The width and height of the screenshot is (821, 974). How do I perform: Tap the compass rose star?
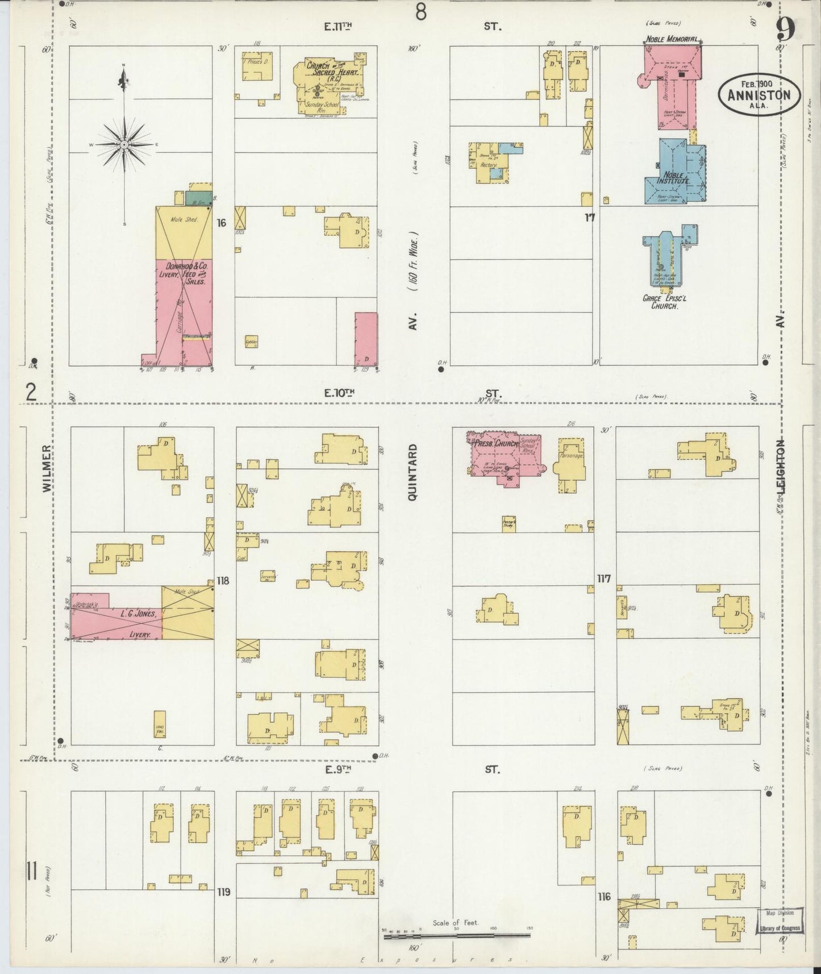pyautogui.click(x=124, y=145)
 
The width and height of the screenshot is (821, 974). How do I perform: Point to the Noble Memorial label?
pyautogui.click(x=671, y=39)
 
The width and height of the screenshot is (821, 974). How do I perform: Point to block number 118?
pyautogui.click(x=223, y=581)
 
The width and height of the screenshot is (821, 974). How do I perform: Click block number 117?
pyautogui.click(x=604, y=578)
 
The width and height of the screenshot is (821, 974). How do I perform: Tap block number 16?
pyautogui.click(x=222, y=223)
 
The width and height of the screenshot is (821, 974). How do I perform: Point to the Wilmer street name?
pyautogui.click(x=47, y=468)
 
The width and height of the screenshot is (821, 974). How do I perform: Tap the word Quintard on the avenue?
pyautogui.click(x=413, y=472)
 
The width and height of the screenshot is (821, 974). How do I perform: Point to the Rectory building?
pyautogui.click(x=489, y=164)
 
